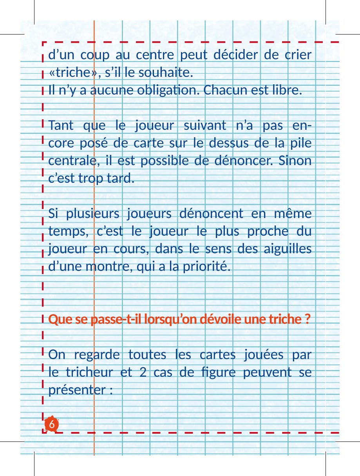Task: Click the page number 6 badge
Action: click(x=52, y=425)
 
